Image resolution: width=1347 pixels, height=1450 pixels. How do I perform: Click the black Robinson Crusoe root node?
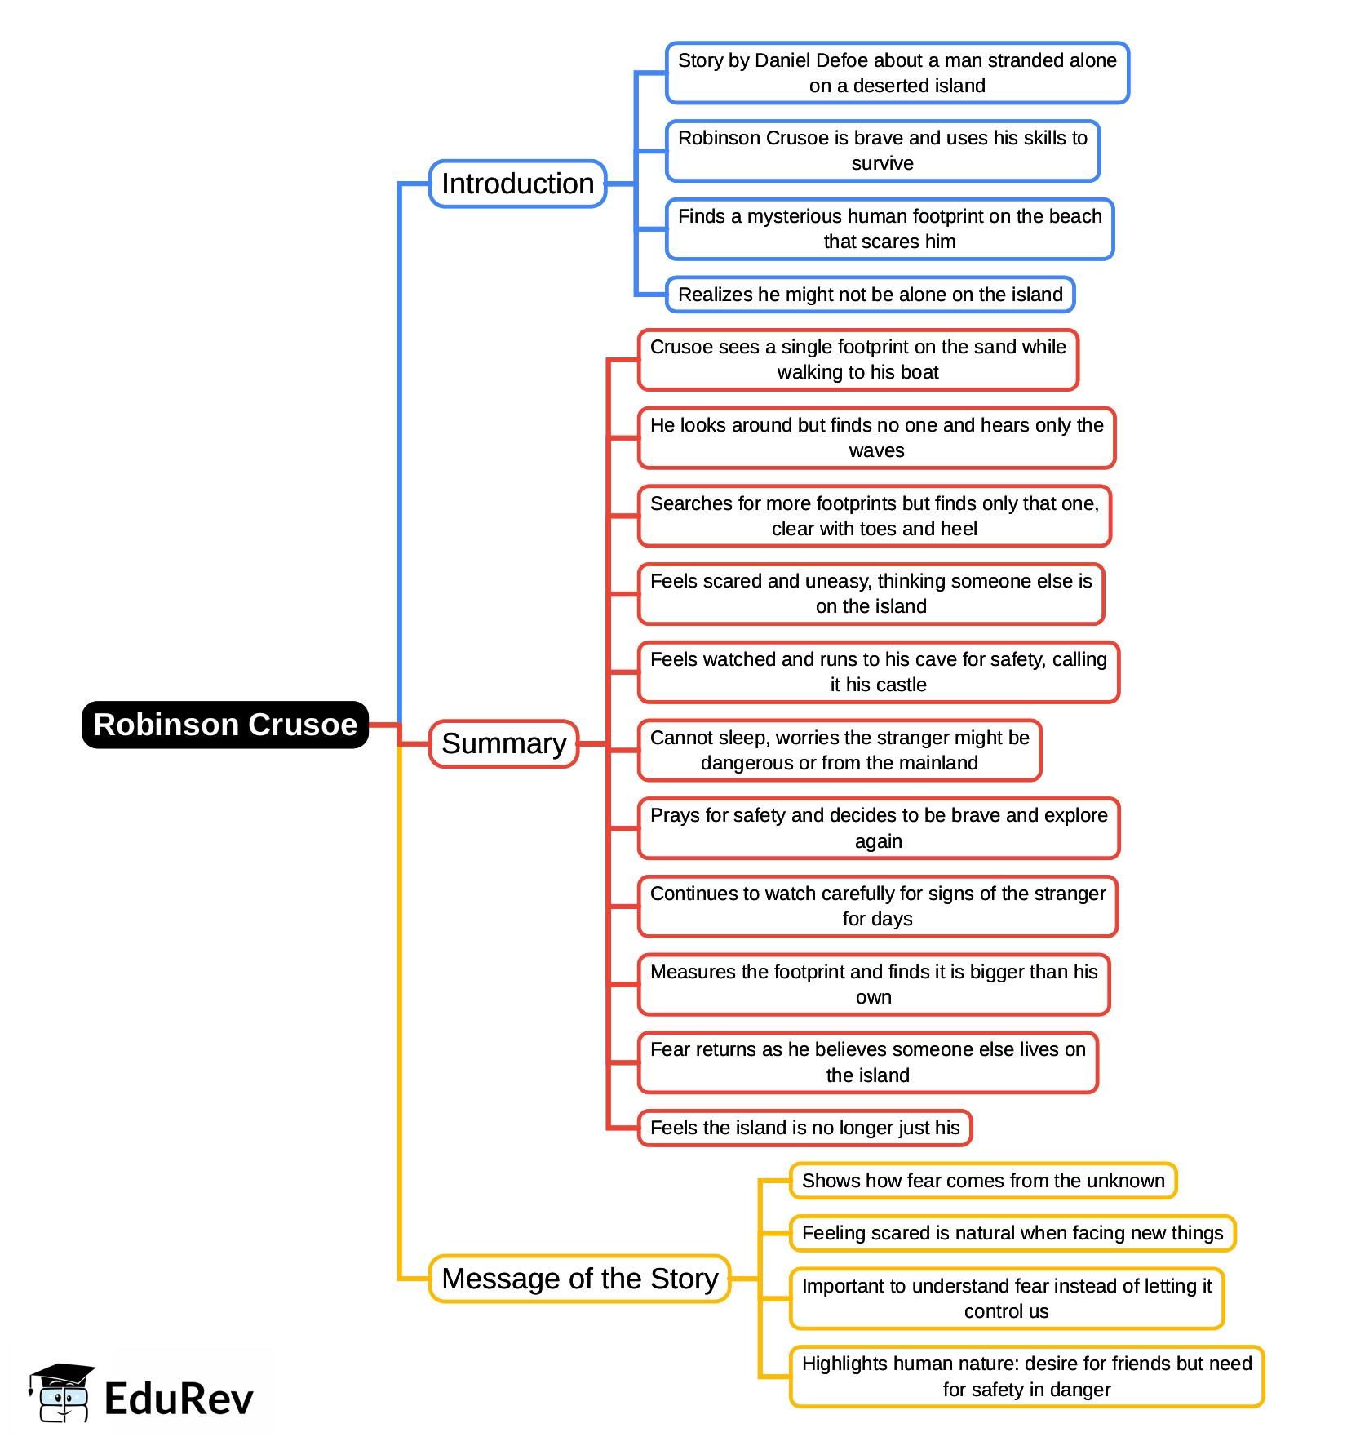point(225,725)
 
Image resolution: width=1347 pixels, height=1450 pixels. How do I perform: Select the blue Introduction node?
point(517,184)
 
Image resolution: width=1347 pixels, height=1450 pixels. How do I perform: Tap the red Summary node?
point(503,743)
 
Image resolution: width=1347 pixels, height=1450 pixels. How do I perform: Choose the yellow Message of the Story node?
point(579,1279)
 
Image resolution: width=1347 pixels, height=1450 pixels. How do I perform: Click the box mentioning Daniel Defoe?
point(897,73)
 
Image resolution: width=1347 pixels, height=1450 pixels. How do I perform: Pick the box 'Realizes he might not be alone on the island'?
point(870,295)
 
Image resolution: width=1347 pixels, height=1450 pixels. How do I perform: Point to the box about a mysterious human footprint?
point(889,228)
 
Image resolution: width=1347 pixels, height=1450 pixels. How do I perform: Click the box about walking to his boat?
point(857,359)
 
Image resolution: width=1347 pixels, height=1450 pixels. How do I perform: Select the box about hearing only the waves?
point(876,437)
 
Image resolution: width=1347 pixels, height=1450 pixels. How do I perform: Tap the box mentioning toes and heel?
point(874,516)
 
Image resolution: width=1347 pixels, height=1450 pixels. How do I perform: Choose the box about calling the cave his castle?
point(878,672)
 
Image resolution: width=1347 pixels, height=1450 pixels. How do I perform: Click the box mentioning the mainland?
point(839,750)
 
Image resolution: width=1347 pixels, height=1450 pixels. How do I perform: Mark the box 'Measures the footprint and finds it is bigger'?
point(873,984)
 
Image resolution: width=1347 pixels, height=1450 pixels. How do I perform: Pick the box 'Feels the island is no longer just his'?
point(804,1128)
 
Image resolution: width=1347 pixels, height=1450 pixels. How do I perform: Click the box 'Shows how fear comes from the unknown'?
point(982,1181)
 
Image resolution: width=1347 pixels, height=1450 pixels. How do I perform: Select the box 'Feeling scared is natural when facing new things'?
point(1012,1233)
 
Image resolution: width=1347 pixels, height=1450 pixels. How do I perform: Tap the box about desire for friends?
point(1026,1377)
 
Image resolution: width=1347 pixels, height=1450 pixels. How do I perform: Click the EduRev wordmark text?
point(179,1399)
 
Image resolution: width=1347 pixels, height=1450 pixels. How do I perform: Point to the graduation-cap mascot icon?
point(62,1392)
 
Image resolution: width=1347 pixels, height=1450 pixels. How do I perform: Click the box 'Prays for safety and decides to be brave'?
point(878,828)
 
